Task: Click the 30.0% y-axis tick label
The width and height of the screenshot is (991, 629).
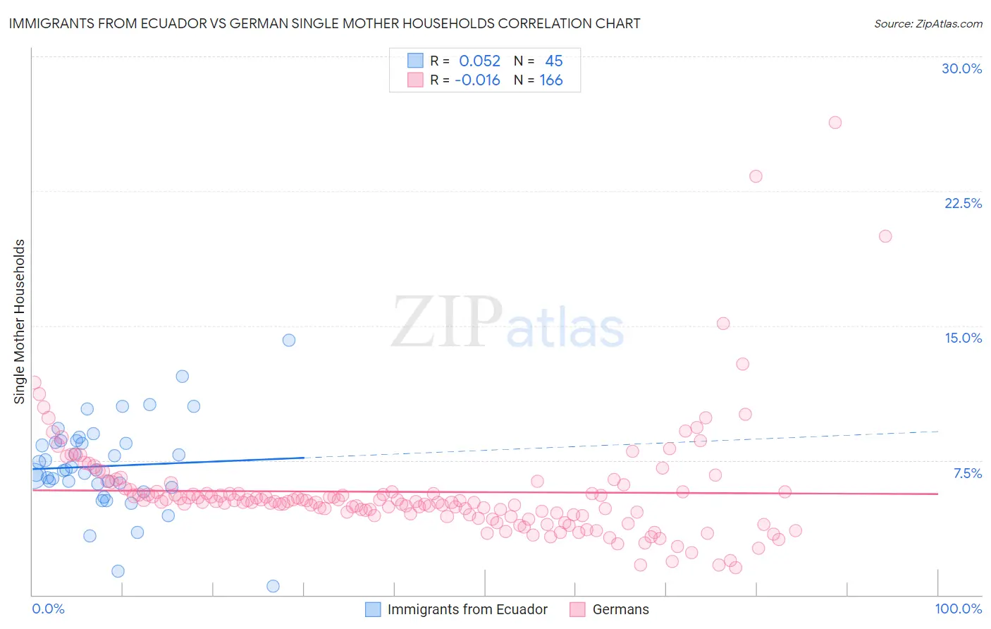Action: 961,68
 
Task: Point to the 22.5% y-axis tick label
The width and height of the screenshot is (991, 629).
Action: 963,203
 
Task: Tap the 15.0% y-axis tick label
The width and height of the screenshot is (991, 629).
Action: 963,338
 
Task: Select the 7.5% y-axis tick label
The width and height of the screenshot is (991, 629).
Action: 967,473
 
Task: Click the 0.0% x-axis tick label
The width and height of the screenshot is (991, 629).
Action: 48,609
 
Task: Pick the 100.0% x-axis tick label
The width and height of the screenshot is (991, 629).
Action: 958,609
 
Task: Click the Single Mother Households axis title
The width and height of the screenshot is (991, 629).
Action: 20,322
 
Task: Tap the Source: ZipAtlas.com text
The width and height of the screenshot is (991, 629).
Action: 928,24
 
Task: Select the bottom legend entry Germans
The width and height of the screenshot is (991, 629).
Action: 620,609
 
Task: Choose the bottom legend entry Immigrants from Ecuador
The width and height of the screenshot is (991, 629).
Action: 467,609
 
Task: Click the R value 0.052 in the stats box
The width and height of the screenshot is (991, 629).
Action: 479,61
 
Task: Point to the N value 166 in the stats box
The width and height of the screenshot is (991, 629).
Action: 551,80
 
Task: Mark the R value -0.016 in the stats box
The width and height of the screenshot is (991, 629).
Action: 477,80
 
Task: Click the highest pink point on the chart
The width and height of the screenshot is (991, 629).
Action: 835,123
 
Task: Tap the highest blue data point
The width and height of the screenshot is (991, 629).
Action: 289,340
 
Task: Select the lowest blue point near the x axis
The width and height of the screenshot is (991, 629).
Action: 273,586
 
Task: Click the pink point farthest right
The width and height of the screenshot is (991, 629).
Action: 885,236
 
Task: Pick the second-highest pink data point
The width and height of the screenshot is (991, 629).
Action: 756,176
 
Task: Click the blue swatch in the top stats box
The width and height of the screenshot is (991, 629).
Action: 415,61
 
